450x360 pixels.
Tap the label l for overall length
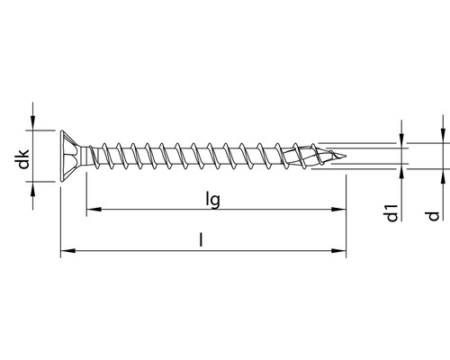pos(202,240)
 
